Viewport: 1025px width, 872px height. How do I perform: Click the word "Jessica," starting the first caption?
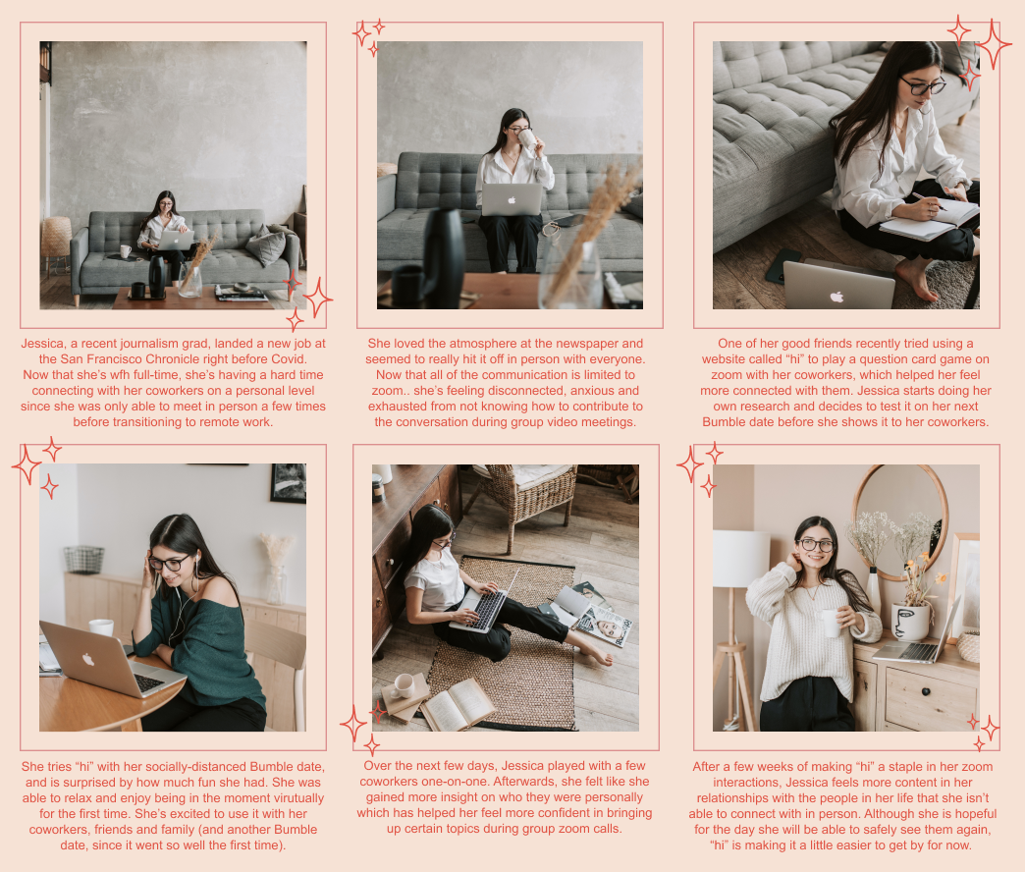[43, 344]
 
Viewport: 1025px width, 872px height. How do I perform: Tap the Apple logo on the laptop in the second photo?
[512, 199]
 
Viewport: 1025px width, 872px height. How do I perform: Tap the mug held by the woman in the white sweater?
[830, 622]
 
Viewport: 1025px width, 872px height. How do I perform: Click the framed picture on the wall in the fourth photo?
[288, 484]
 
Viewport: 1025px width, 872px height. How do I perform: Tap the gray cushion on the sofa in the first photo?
[265, 245]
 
